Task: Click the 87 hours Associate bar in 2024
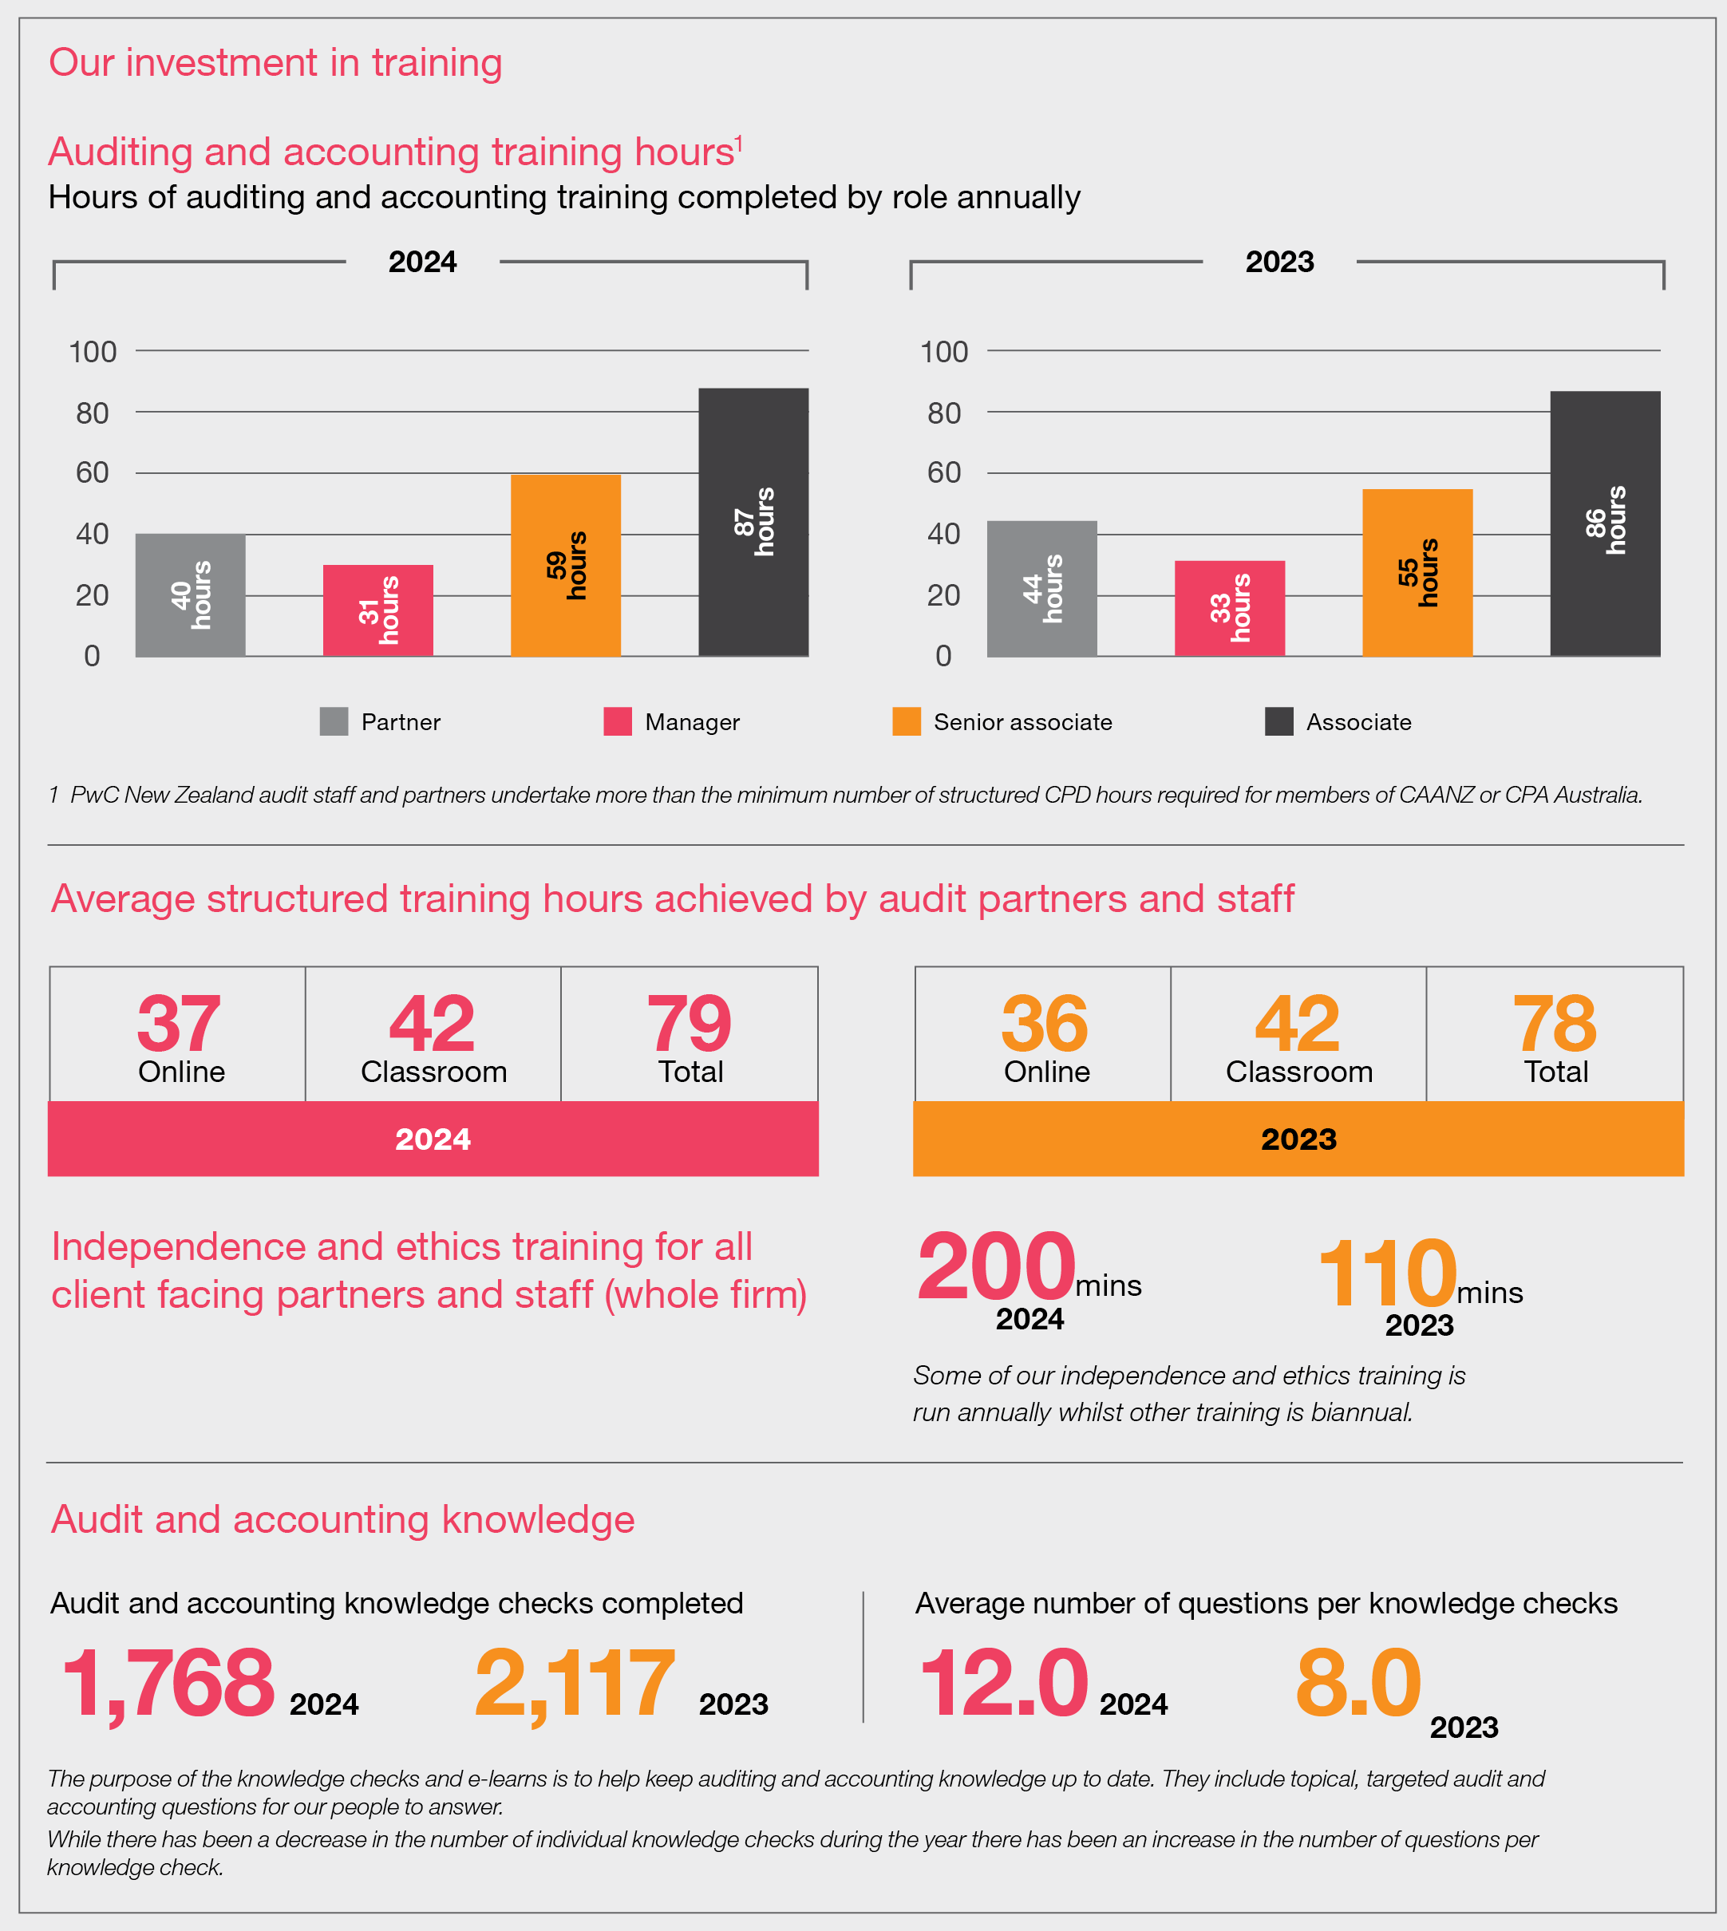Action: pos(753,522)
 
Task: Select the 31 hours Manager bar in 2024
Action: pos(377,610)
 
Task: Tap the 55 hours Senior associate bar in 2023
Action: pos(1417,572)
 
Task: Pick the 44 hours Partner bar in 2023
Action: pos(1042,588)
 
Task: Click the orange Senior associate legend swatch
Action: pos(907,721)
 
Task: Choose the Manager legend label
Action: pos(692,722)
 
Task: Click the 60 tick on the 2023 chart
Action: pos(943,472)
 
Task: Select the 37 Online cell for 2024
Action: pos(179,1034)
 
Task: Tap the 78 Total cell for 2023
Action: pos(1555,1034)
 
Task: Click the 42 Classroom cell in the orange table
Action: pos(1298,1034)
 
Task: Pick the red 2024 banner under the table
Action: pos(433,1139)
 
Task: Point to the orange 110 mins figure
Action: pos(1387,1274)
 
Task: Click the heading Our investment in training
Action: pos(275,62)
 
